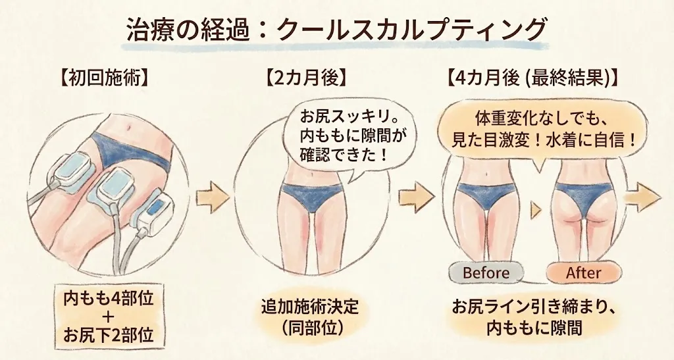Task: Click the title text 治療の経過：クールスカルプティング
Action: tap(336, 30)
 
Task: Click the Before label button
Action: tap(486, 272)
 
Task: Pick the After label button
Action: tap(583, 272)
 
